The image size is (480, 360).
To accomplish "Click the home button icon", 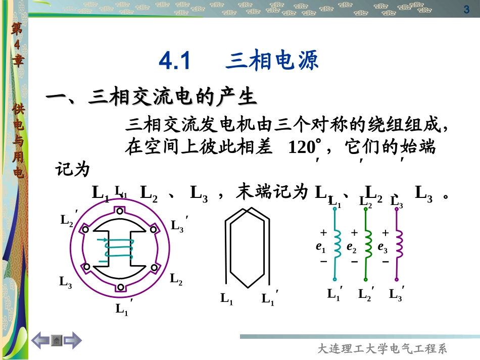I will point(57,341).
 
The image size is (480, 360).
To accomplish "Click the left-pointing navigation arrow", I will point(41,341).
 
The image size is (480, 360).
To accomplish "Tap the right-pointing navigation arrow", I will point(72,341).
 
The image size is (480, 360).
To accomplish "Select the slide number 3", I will point(466,10).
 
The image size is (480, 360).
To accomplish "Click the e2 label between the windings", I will point(352,247).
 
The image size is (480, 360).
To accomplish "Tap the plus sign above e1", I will point(323,233).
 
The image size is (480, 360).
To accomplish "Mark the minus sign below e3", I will point(386,262).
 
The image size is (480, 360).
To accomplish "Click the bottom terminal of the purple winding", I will point(397,279).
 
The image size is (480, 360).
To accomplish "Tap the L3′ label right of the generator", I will point(178,225).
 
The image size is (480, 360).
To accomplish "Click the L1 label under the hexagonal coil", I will point(226,298).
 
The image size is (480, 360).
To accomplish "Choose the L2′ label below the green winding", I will point(366,294).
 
